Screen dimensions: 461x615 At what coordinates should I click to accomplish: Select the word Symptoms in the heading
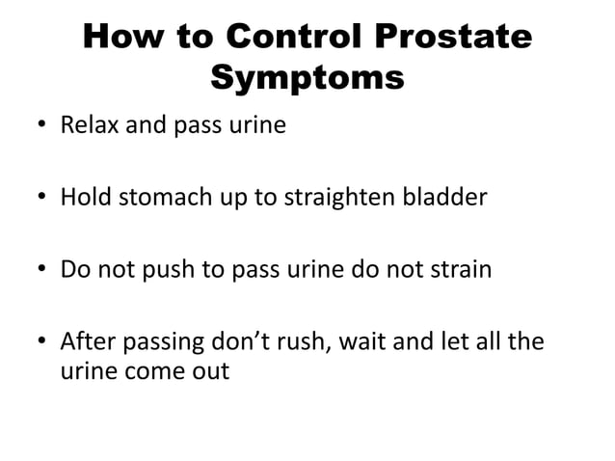307,78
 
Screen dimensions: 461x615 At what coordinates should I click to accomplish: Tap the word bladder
449,199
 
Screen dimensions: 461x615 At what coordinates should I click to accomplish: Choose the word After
88,341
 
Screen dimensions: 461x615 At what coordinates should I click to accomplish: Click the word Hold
82,199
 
